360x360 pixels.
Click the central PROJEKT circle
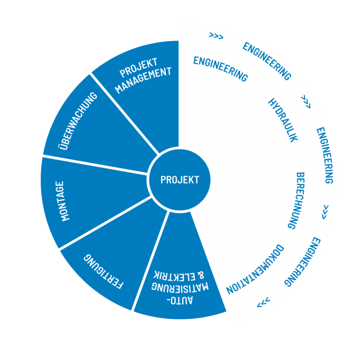click(x=180, y=179)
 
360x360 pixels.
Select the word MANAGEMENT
click(x=143, y=80)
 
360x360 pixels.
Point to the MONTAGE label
click(x=63, y=201)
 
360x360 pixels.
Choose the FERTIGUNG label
click(x=104, y=271)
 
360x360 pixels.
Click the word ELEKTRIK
click(x=174, y=276)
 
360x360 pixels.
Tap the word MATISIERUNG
click(x=180, y=287)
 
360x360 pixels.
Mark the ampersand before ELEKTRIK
click(x=201, y=275)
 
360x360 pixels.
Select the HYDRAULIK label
click(x=283, y=120)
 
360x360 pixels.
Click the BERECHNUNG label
click(x=296, y=201)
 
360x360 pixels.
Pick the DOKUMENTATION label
click(x=255, y=269)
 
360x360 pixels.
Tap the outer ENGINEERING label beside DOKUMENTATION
click(x=302, y=262)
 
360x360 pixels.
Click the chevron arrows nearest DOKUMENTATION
click(x=264, y=303)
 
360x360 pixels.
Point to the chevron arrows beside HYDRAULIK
click(x=306, y=101)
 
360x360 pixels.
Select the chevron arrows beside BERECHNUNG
click(x=325, y=212)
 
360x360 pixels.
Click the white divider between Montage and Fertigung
click(x=105, y=222)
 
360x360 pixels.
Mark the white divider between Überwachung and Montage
click(x=95, y=165)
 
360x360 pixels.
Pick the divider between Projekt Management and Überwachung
click(x=124, y=114)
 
